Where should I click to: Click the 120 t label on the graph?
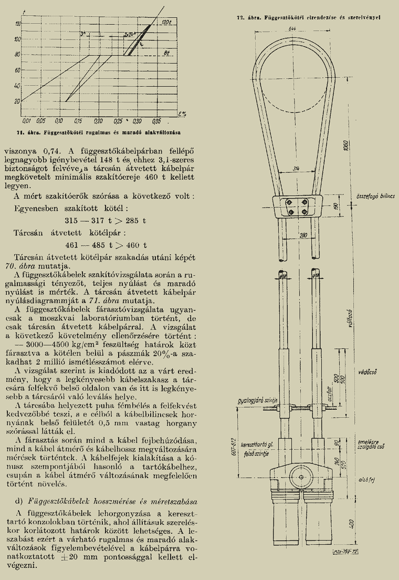tap(167, 23)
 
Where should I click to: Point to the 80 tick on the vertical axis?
tap(17, 54)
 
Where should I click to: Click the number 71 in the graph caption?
tap(19, 128)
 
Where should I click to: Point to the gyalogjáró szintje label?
tap(256, 401)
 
